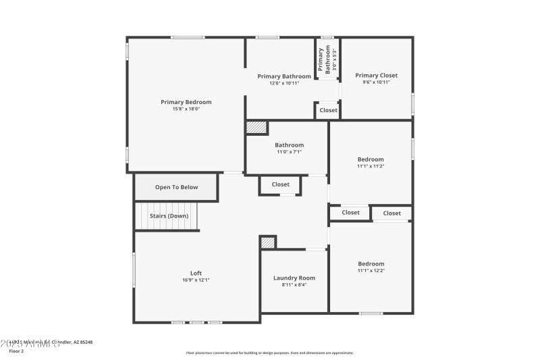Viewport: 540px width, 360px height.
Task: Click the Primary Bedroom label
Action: [x=186, y=102]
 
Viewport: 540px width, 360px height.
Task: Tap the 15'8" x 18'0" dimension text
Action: [x=186, y=109]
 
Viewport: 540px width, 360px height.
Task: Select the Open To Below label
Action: [x=176, y=187]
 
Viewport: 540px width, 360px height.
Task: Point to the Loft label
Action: [x=196, y=273]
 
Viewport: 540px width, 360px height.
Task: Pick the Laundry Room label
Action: [x=294, y=278]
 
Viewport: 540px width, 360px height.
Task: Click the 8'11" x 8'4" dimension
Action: [x=294, y=284]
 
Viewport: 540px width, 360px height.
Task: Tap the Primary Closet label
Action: [x=376, y=75]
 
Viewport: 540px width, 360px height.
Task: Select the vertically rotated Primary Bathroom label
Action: [x=326, y=59]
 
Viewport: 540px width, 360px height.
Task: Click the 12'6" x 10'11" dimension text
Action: [x=284, y=83]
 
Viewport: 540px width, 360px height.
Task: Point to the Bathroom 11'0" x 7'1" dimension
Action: [x=289, y=152]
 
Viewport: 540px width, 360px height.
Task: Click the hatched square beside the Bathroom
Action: [x=256, y=127]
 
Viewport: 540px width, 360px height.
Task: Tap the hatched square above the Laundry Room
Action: [x=267, y=242]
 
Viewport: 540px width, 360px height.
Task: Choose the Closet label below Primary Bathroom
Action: [x=328, y=110]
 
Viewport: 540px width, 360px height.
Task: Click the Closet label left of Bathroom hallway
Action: [x=280, y=184]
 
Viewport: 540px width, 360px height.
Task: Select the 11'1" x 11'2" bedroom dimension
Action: [x=371, y=166]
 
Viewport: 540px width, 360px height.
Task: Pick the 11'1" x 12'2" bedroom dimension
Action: [x=371, y=270]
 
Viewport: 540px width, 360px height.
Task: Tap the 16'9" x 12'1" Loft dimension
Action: [x=196, y=280]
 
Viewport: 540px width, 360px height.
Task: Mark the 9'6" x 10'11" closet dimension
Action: [x=376, y=82]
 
